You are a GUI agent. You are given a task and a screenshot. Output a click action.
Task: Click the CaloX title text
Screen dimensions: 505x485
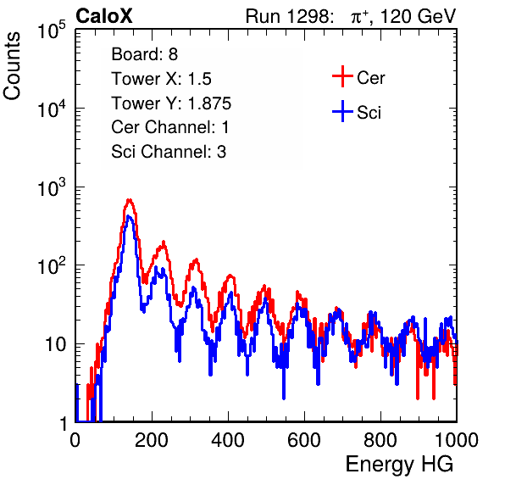coord(104,16)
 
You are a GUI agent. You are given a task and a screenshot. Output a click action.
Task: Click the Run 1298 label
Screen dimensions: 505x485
coord(289,16)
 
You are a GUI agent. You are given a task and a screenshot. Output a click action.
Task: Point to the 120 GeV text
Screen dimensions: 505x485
coord(418,16)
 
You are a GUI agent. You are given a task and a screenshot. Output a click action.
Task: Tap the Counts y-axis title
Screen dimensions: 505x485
coord(12,66)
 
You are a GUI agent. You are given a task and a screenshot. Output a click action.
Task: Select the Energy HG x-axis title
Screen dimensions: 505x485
coord(399,465)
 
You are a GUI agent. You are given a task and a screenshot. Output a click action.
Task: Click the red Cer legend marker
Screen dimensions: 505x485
coord(342,76)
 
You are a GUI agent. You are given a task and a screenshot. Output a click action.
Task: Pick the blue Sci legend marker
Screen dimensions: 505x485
coord(342,111)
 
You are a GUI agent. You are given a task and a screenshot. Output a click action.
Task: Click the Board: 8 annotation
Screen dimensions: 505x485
coord(145,54)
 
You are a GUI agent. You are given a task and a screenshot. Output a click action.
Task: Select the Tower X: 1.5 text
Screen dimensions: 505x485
coord(161,79)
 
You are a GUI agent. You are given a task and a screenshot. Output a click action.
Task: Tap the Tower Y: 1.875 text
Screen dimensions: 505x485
coord(171,103)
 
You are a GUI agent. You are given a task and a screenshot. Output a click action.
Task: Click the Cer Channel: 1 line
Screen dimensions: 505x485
coord(170,127)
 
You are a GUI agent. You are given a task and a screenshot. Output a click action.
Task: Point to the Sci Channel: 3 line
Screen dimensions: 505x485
coord(169,152)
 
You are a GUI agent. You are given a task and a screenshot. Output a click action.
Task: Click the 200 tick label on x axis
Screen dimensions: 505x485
coord(152,439)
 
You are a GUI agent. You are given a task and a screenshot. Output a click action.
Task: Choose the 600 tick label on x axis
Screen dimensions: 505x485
coord(304,439)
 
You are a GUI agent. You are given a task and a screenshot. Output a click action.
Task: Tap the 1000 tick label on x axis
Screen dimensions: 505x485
coord(457,439)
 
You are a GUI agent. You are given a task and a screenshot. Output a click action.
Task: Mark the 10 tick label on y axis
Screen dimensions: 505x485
coord(55,344)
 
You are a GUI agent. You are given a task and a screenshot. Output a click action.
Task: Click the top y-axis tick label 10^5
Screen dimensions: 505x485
coord(52,31)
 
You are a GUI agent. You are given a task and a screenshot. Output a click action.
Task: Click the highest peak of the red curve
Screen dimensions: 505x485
coord(129,200)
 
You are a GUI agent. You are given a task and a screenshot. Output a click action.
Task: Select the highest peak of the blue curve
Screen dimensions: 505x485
coord(129,216)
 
